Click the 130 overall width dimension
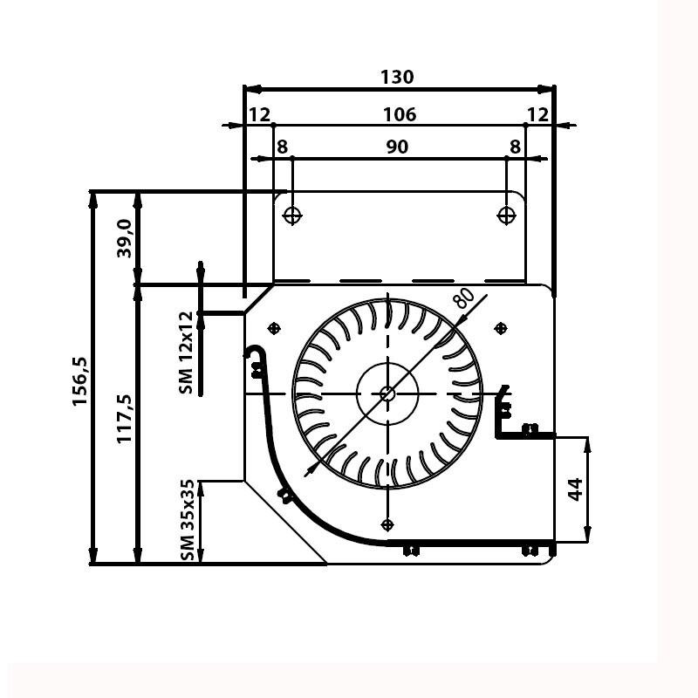point(397,77)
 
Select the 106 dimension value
point(400,114)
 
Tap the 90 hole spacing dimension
point(397,147)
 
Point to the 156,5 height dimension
point(80,381)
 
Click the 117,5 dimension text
point(125,419)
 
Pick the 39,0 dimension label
point(125,238)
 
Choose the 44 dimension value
point(576,489)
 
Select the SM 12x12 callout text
point(187,352)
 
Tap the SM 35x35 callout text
point(188,520)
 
